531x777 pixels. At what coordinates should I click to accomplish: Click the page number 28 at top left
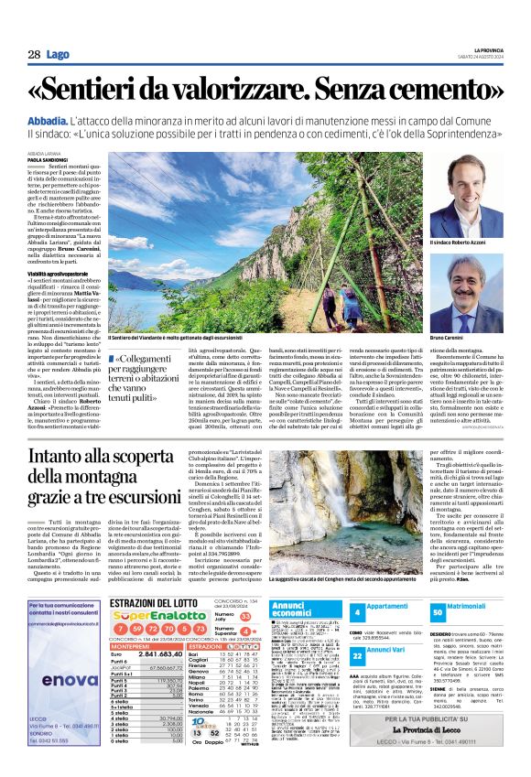coord(34,55)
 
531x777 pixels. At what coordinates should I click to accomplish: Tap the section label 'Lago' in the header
coord(59,55)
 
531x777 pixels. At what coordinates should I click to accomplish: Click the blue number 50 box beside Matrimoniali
coord(437,611)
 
